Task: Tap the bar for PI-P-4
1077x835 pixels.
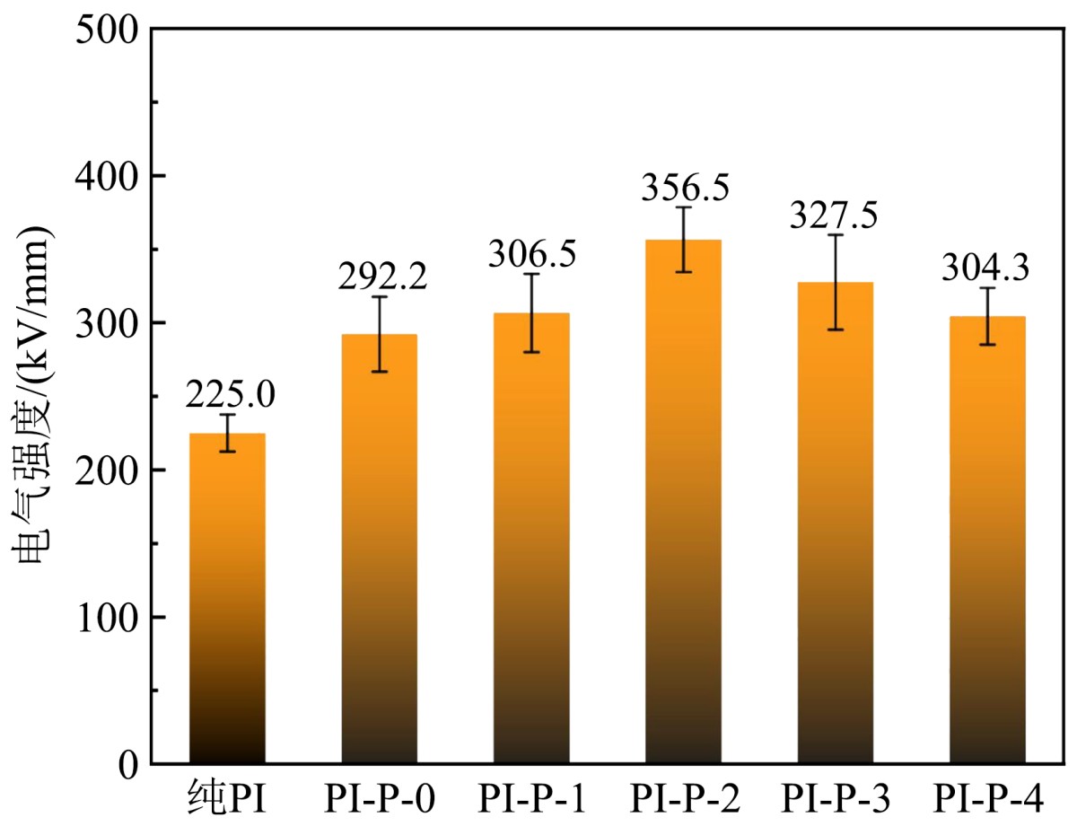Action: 987,540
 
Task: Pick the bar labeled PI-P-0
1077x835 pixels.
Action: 379,549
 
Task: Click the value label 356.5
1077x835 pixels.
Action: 685,189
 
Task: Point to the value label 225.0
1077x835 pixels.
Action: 229,393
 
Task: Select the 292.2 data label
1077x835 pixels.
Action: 382,277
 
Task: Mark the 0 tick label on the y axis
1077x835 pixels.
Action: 126,765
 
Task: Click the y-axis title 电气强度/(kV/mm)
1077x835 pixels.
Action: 36,395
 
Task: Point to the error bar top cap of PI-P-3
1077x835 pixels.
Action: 836,235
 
